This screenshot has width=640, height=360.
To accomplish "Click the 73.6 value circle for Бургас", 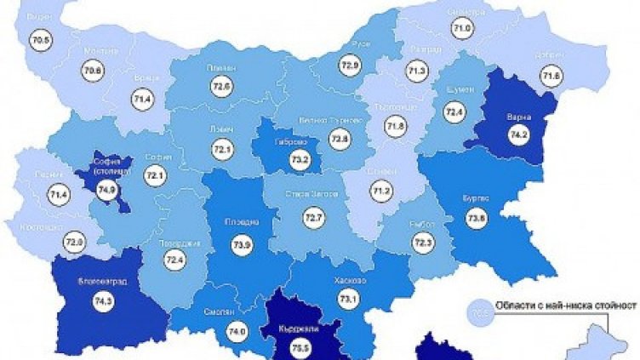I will pyautogui.click(x=474, y=219).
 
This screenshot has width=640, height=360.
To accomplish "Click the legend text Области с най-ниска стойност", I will pyautogui.click(x=558, y=305).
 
